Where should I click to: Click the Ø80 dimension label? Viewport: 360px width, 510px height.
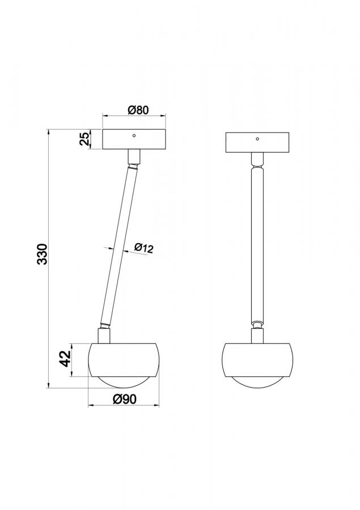pyautogui.click(x=138, y=110)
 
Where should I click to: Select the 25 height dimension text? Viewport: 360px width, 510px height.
pyautogui.click(x=84, y=139)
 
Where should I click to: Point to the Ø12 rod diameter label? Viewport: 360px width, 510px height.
pyautogui.click(x=143, y=248)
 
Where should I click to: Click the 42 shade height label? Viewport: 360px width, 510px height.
pyautogui.click(x=66, y=359)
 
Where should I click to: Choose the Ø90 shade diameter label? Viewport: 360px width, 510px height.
pyautogui.click(x=125, y=399)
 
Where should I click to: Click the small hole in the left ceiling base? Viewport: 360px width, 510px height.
pyautogui.click(x=134, y=135)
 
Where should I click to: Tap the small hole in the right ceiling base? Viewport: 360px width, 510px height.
pyautogui.click(x=257, y=139)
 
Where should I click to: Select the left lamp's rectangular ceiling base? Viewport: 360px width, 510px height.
pyautogui.click(x=134, y=139)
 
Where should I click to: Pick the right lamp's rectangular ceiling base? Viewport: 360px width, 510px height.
pyautogui.click(x=257, y=142)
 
